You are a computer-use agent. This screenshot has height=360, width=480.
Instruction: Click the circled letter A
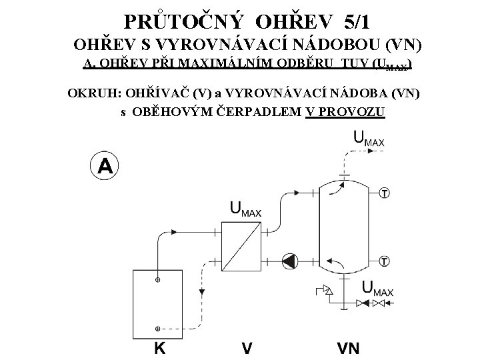click(105, 165)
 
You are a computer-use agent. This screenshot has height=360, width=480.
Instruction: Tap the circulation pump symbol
click(291, 259)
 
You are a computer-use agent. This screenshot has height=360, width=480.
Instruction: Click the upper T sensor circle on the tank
click(385, 194)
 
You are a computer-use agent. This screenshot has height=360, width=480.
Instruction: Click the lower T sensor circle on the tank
click(385, 259)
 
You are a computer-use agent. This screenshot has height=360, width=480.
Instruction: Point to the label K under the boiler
click(160, 347)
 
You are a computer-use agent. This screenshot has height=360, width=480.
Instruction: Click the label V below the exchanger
click(246, 347)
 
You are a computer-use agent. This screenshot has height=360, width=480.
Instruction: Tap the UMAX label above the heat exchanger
click(245, 209)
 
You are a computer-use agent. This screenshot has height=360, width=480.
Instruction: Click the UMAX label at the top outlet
click(368, 139)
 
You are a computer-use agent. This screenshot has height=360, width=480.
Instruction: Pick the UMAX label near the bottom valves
click(377, 289)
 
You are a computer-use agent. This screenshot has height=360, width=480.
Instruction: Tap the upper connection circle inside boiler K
click(158, 279)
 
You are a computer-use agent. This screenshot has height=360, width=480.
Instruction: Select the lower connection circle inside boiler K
click(158, 328)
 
